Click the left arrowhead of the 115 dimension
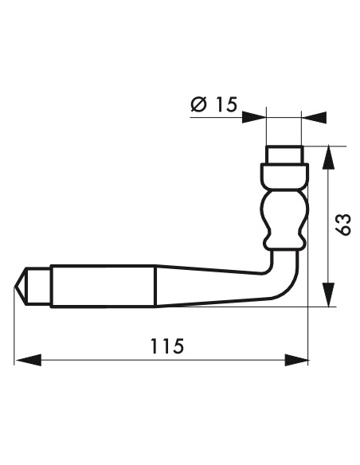25,360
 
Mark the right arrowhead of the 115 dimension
299,360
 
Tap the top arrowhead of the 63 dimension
328,156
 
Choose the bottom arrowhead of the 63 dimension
328,295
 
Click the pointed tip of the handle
20,284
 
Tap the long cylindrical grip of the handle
102,285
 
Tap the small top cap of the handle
284,154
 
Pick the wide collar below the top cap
284,174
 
